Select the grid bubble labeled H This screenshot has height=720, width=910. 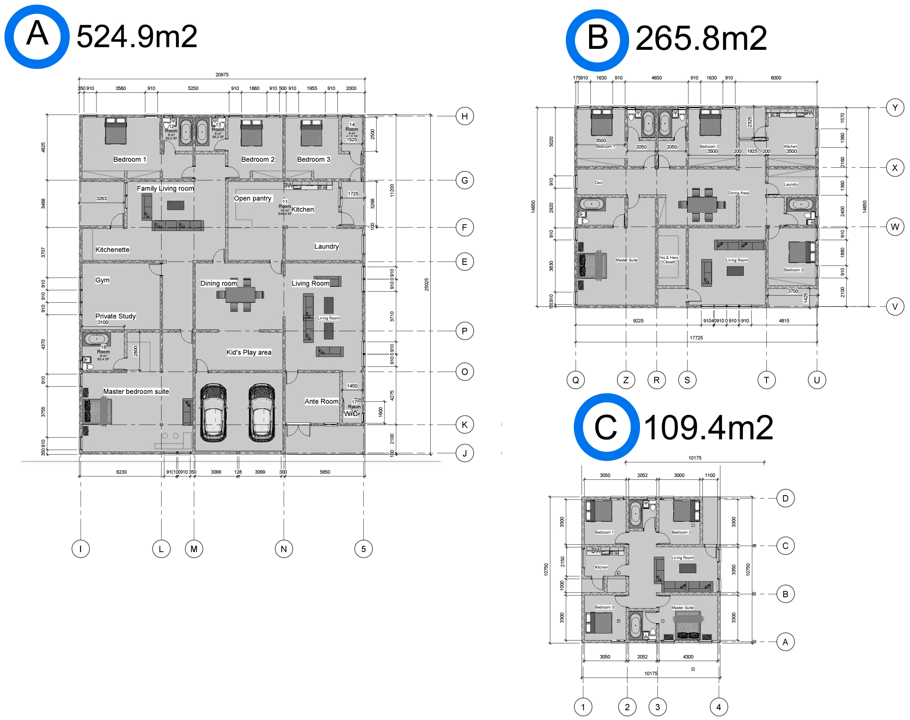coord(464,116)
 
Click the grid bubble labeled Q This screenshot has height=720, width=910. coord(576,380)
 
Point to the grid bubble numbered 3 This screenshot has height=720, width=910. coord(657,707)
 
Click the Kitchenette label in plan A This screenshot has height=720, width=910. coord(112,250)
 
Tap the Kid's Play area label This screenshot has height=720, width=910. coord(249,352)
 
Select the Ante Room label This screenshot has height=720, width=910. coord(321,401)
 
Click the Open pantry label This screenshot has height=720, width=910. coord(253,198)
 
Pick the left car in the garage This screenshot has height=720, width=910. coord(213,413)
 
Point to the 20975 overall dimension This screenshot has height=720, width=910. coord(222,75)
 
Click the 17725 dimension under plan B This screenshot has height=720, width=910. coord(696,338)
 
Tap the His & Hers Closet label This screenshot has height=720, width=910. coord(669,260)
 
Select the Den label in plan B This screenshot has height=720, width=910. coord(599,183)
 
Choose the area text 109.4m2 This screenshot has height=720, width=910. coord(709,428)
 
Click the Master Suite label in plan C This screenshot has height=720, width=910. coord(682,607)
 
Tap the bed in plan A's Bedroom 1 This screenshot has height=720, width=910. coord(116,131)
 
